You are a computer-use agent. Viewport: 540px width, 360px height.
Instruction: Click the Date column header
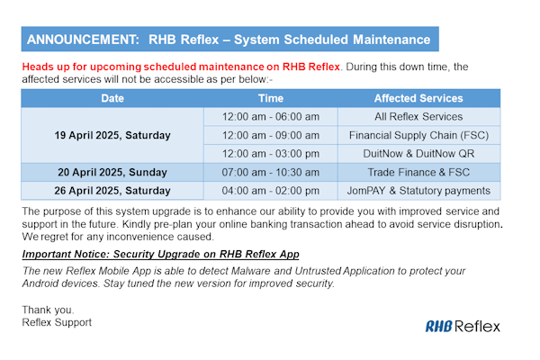tap(112, 98)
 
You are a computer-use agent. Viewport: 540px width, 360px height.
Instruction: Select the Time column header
tap(270, 98)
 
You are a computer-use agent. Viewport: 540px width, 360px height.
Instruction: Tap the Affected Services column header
tap(418, 98)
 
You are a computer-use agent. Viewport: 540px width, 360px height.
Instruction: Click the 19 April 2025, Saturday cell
tap(112, 135)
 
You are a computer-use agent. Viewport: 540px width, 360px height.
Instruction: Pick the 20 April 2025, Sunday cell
tap(112, 172)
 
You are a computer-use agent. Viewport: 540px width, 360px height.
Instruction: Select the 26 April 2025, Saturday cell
tap(112, 190)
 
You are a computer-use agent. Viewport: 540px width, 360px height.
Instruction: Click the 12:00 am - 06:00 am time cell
tap(270, 117)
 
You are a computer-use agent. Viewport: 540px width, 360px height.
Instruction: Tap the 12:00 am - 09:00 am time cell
tap(270, 135)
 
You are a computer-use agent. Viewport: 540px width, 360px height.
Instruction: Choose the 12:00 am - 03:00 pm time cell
tap(270, 154)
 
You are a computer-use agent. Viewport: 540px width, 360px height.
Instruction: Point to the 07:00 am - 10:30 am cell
tap(270, 172)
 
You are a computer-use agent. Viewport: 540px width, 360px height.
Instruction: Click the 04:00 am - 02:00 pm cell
tap(270, 190)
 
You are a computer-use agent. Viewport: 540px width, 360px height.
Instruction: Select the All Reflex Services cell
tap(418, 117)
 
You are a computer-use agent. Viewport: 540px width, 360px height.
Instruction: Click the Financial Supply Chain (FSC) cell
tap(418, 135)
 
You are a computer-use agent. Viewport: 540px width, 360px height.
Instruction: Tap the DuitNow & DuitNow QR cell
tap(418, 154)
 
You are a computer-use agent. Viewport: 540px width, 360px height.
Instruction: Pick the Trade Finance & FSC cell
tap(418, 172)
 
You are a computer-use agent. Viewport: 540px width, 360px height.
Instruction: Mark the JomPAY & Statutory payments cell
tap(418, 190)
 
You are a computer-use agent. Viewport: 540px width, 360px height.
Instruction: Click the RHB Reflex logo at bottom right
tap(463, 326)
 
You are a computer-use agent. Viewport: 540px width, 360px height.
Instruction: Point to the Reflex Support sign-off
tap(57, 321)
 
